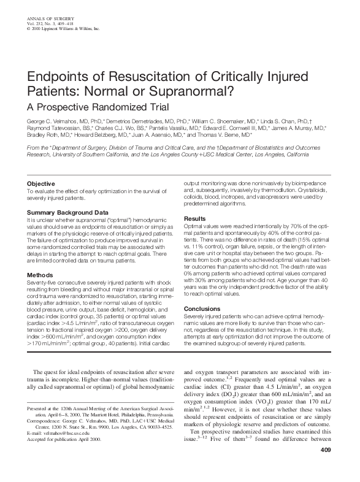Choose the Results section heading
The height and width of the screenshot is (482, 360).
[195, 218]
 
